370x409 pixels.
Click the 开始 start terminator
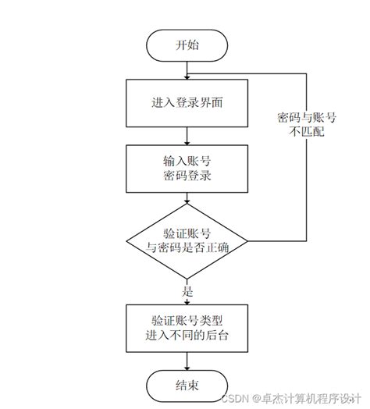coord(187,44)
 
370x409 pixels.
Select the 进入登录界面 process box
coord(187,102)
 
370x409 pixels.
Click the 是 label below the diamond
coord(187,290)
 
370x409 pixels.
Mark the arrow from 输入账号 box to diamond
coord(187,199)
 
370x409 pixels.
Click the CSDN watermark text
coord(234,398)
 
